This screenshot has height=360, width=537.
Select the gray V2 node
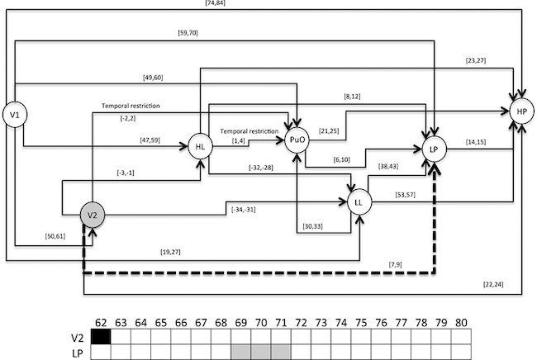tap(93, 216)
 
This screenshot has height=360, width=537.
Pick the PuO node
tap(297, 140)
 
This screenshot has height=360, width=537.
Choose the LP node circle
tap(435, 149)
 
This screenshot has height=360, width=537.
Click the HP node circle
tap(520, 111)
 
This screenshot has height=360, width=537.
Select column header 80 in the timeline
tap(461, 320)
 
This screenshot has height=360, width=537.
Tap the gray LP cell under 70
tap(260, 353)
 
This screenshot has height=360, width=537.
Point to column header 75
tap(361, 320)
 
